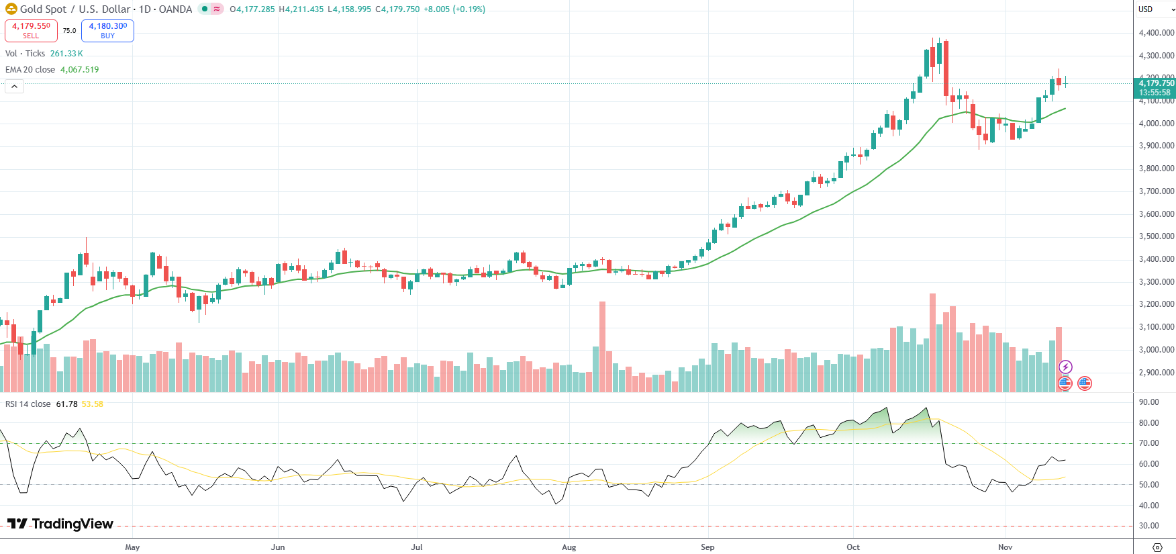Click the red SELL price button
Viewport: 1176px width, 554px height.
[x=31, y=30]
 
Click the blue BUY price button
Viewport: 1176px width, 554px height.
[x=107, y=30]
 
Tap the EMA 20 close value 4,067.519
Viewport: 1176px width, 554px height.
[x=79, y=70]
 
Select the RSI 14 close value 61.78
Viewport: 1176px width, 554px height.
[x=66, y=404]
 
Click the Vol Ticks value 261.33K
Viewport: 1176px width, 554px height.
[x=66, y=54]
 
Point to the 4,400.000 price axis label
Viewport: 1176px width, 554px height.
[x=1156, y=33]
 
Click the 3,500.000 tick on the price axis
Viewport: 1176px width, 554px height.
[x=1156, y=236]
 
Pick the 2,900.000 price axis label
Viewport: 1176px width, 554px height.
[x=1156, y=373]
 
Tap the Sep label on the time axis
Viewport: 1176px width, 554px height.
[x=707, y=547]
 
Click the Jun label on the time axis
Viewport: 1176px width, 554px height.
[x=278, y=547]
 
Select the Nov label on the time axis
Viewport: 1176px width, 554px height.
[x=1005, y=547]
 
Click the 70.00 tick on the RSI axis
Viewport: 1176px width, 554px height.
[x=1148, y=443]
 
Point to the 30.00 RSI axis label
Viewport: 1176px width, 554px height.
[x=1148, y=526]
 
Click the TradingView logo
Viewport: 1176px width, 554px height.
[x=60, y=524]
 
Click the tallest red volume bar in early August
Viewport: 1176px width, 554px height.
[x=602, y=346]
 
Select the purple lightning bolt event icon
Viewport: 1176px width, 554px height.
[x=1065, y=367]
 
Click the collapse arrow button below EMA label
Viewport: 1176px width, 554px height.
[x=14, y=86]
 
